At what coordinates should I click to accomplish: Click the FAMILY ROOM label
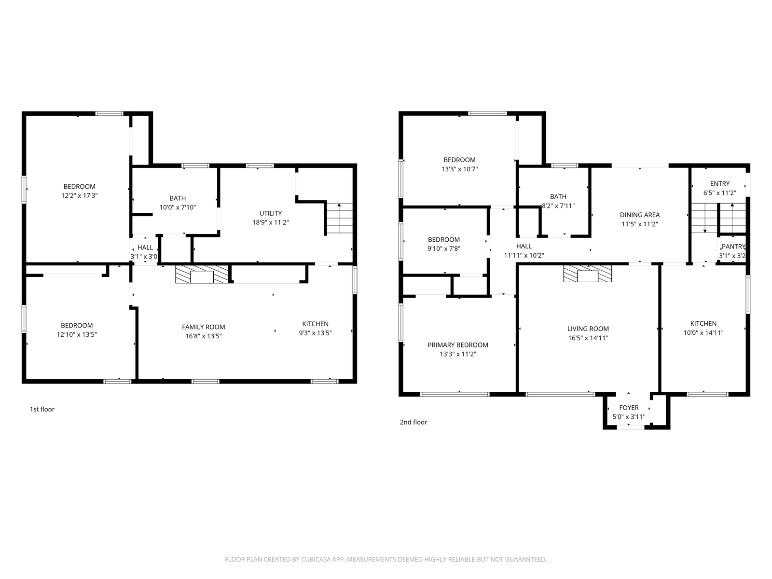tap(203, 327)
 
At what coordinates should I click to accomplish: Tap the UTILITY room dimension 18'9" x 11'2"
tap(271, 222)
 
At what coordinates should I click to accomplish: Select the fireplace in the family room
tap(202, 274)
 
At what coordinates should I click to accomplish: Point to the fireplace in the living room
tap(587, 273)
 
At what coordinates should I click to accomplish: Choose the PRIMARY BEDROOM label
tap(457, 345)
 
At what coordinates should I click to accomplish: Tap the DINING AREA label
tap(639, 215)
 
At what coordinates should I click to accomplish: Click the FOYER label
tap(629, 407)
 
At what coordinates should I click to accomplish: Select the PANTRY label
tap(733, 247)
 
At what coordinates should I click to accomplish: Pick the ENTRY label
tap(719, 183)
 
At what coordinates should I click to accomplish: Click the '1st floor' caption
tap(42, 409)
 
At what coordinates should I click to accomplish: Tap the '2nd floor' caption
tap(413, 422)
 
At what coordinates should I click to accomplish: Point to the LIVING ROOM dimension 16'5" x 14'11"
tap(588, 338)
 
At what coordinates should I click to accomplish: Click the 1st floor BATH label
tap(178, 198)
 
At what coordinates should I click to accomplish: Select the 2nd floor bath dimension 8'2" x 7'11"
tap(558, 206)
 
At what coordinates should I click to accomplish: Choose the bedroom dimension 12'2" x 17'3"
tap(80, 195)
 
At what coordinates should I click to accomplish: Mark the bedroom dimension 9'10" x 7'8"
tap(444, 248)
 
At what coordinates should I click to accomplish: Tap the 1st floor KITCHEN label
tap(316, 324)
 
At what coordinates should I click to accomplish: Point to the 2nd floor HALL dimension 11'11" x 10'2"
tap(524, 255)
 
